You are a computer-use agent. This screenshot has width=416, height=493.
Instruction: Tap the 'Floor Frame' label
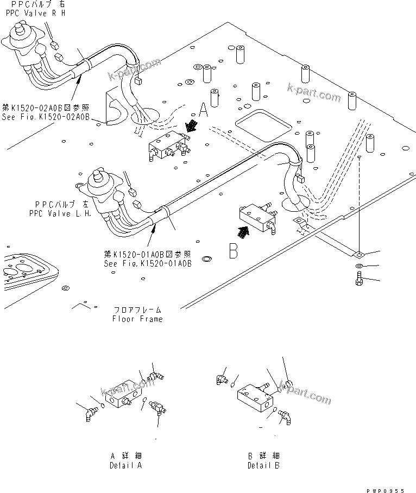[x=137, y=319]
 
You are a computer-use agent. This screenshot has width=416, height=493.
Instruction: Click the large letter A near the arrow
[x=204, y=111]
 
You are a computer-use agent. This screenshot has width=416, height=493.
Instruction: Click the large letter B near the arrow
[x=233, y=251]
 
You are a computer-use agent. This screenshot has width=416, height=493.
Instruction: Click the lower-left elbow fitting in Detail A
[x=89, y=413]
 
